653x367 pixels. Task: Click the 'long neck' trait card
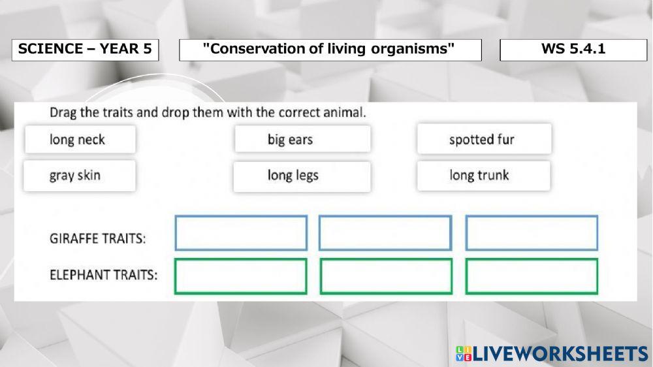(80, 139)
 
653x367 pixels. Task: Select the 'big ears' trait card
(302, 139)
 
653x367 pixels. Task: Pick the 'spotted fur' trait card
(485, 138)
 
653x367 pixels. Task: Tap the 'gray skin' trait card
(80, 176)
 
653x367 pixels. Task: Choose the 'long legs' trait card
(302, 176)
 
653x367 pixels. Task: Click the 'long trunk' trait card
(483, 176)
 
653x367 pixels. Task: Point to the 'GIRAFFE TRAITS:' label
(98, 239)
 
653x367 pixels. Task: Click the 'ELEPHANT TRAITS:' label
(104, 275)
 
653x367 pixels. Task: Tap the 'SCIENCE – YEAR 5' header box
(86, 50)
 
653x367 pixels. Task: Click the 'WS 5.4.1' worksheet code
(573, 49)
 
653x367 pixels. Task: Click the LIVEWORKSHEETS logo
(552, 354)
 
